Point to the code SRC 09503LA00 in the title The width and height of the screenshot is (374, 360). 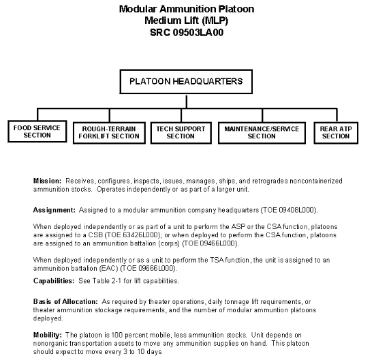click(187, 33)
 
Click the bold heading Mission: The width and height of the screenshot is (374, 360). click(47, 181)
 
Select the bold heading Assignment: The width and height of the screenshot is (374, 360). click(54, 210)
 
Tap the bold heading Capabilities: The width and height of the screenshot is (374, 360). click(54, 281)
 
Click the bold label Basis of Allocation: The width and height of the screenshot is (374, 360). click(65, 301)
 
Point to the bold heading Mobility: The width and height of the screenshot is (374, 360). click(48, 335)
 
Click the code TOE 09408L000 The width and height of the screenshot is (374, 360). click(289, 210)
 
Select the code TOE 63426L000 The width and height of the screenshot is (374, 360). click(132, 235)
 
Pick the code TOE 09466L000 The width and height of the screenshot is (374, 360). click(210, 243)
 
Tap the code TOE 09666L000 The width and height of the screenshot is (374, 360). click(149, 268)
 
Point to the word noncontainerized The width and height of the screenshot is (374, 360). click(316, 181)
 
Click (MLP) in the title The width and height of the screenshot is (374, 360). click(215, 20)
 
